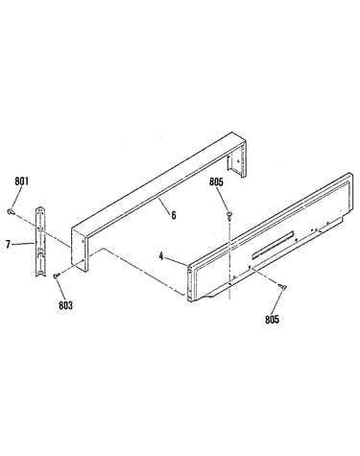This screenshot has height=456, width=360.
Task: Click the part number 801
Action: [x=21, y=181]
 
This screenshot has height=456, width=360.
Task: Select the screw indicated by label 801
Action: [x=11, y=211]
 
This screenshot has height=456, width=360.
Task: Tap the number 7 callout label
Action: [x=8, y=245]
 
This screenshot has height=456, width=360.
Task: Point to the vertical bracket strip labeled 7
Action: [x=40, y=241]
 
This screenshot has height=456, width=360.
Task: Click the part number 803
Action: [x=65, y=305]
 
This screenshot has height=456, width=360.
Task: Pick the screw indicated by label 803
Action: [x=56, y=275]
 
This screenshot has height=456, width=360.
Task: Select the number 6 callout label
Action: [x=174, y=215]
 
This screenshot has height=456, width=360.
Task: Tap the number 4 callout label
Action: [x=161, y=256]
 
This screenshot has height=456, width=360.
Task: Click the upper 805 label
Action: [x=216, y=181]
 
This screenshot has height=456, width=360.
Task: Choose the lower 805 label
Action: [x=272, y=319]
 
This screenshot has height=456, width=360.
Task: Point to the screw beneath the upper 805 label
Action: [x=229, y=215]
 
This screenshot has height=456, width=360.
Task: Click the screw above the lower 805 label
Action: [x=282, y=287]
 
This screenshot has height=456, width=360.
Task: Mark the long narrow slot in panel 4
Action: [x=273, y=244]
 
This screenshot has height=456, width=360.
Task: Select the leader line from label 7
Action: [x=23, y=244]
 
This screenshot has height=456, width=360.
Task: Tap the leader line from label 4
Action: [x=177, y=261]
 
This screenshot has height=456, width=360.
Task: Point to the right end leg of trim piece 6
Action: [x=237, y=156]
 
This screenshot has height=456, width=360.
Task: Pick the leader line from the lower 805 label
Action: [x=277, y=302]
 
